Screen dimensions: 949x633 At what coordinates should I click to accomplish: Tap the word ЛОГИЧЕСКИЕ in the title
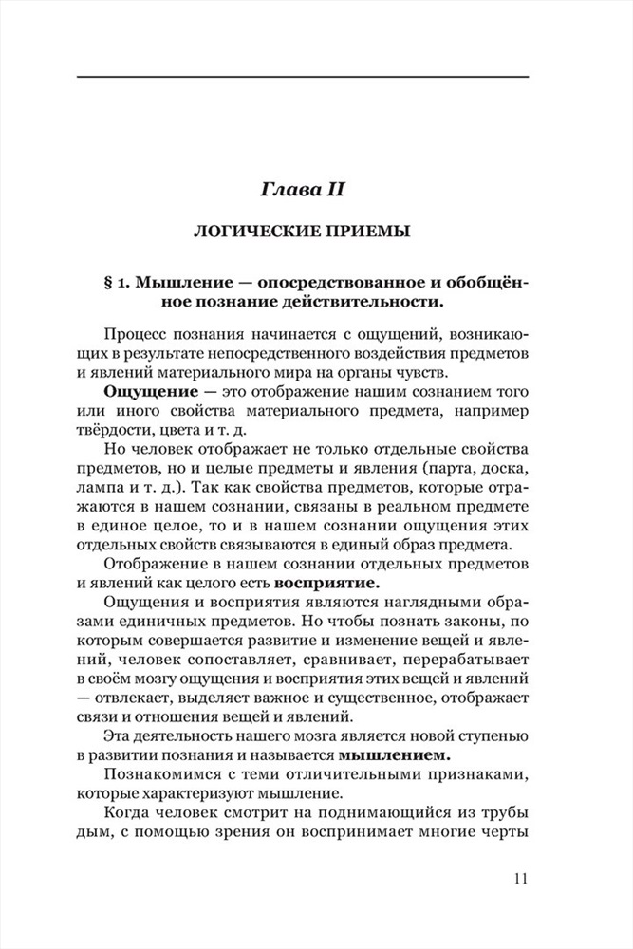[256, 231]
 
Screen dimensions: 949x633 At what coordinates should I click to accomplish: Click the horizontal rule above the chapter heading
[302, 76]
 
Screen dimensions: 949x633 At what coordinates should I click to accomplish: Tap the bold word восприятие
[327, 582]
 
